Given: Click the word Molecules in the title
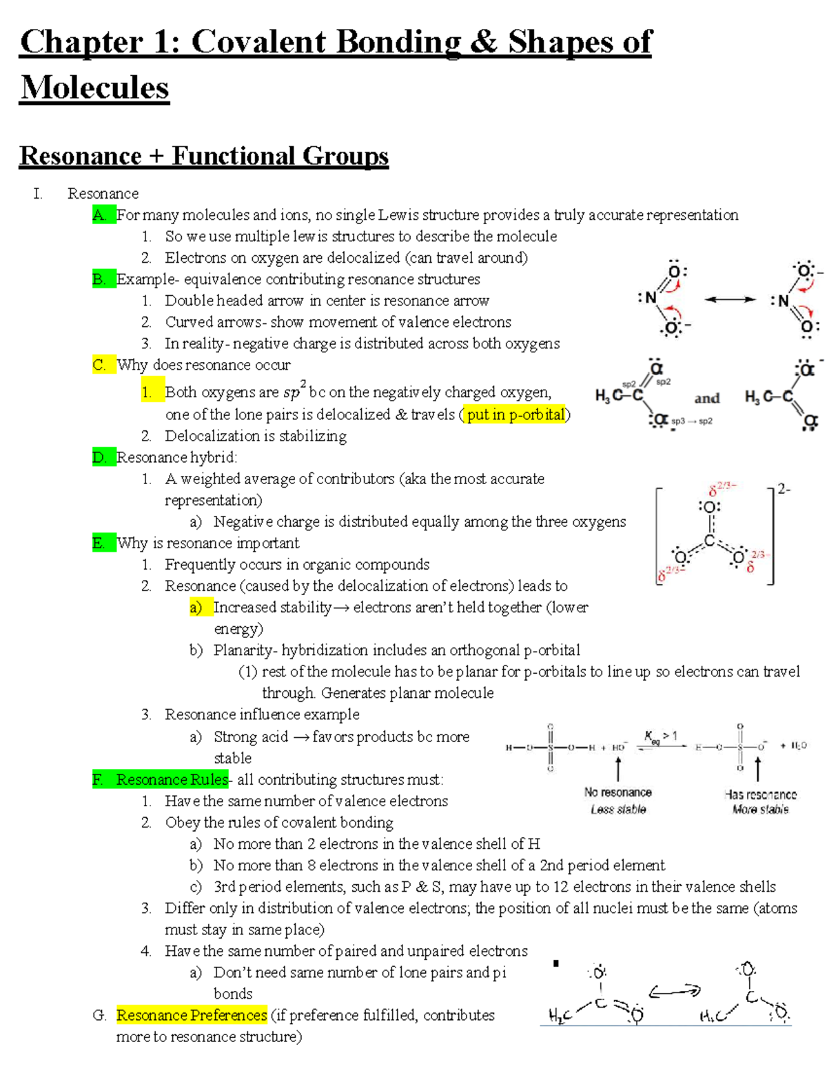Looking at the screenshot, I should coord(95,88).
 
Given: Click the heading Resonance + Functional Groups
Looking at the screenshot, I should coord(204,156).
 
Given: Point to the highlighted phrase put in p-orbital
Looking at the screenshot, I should coord(515,414).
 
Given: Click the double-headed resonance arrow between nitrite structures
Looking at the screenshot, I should coord(730,299).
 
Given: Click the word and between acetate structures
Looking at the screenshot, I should coord(706,399).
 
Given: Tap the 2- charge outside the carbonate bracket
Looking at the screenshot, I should coord(784,489).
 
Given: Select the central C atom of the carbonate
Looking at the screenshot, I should coord(709,541).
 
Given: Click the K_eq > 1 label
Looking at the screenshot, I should coord(660,737).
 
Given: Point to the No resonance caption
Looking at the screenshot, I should coord(617,792).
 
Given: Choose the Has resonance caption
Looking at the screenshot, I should coord(760,794).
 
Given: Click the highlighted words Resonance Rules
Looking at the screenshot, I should coord(172,779).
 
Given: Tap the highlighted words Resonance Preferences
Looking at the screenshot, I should coord(192,1015).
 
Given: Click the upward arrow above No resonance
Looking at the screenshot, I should coord(618,768).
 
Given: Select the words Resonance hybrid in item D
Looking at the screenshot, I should coord(176,457).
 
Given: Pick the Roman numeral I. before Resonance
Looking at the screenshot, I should coord(37,194).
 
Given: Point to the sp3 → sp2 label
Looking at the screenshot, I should coord(692,421).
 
